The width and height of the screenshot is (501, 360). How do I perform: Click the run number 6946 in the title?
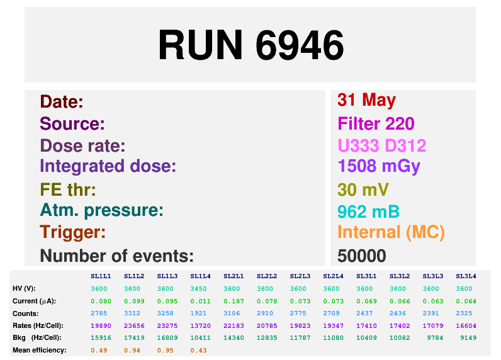(x=300, y=45)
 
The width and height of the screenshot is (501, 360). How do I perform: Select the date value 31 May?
(x=366, y=100)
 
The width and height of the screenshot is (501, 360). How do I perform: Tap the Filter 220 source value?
(x=376, y=123)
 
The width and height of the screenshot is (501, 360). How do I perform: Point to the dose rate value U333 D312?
(x=382, y=145)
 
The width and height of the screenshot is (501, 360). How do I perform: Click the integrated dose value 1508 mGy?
(x=379, y=167)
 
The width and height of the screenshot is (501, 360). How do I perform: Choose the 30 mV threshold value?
(x=363, y=189)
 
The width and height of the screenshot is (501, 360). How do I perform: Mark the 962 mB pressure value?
(x=368, y=211)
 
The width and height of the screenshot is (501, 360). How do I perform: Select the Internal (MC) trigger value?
(x=391, y=232)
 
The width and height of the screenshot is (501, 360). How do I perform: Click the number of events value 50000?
(x=362, y=256)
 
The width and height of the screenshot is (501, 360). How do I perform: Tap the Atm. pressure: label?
(x=101, y=211)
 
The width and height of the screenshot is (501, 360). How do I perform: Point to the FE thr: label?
(x=68, y=189)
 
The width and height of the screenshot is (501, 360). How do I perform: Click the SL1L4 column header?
(x=200, y=276)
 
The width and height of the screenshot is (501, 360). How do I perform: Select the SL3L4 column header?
(x=466, y=276)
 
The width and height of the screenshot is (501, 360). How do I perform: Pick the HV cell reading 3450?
(x=198, y=289)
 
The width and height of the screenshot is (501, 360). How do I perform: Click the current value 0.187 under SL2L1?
(x=234, y=301)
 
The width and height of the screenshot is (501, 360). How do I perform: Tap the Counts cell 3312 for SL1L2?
(x=132, y=313)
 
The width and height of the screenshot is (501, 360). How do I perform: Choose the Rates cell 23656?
(x=134, y=326)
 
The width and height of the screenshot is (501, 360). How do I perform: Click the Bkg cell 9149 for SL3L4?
(x=468, y=338)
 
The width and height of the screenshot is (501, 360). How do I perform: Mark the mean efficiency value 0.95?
(x=165, y=351)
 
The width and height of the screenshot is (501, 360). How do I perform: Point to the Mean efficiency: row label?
(x=39, y=350)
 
